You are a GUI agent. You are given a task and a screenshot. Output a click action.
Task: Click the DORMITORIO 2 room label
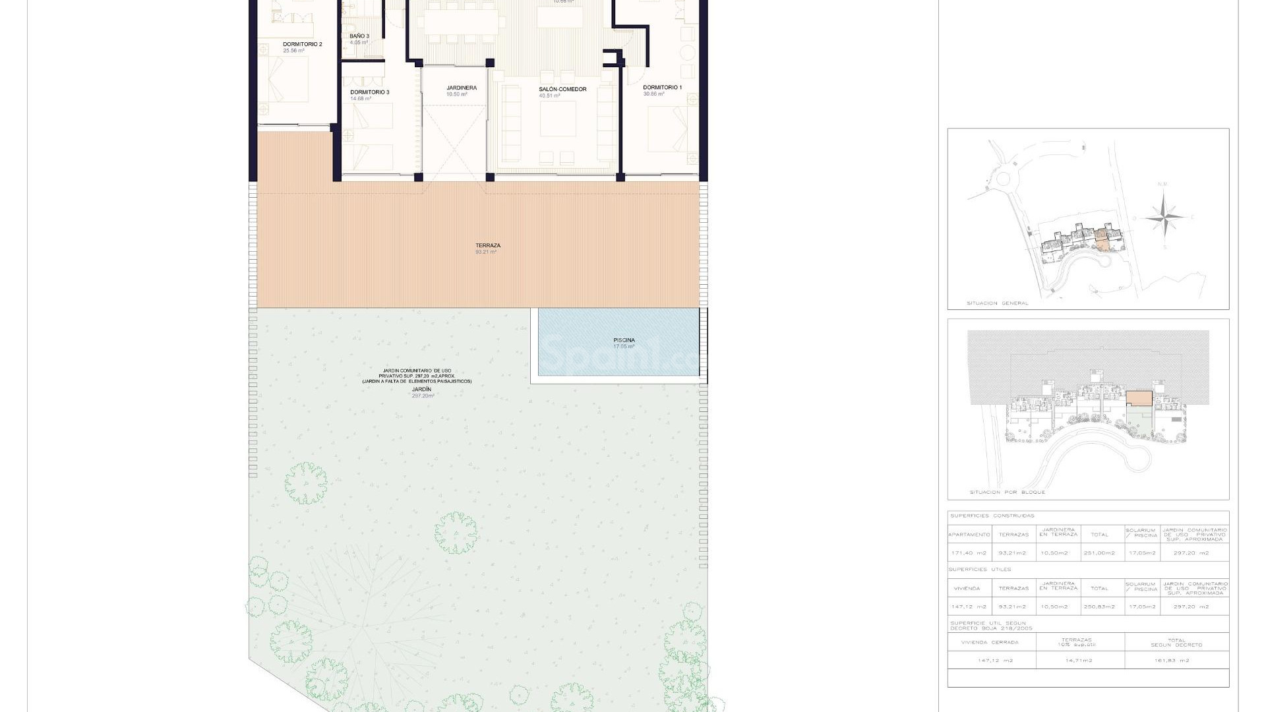tap(303, 45)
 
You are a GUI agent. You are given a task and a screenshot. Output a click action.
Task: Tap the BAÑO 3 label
tap(359, 36)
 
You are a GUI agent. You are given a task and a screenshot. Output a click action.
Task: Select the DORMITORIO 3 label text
tap(369, 92)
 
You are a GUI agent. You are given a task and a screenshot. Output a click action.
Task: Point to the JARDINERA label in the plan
tap(461, 88)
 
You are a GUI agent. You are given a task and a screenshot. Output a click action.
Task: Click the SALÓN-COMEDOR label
tap(562, 89)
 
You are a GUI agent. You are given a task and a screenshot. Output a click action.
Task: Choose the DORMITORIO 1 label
tap(662, 87)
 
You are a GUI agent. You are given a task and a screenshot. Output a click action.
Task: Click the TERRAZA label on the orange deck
tap(487, 246)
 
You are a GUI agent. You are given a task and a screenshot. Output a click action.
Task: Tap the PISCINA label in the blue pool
tap(624, 341)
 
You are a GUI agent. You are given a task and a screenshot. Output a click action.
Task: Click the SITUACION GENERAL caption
tap(997, 303)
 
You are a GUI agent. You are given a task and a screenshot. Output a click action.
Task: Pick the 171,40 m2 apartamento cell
tap(969, 553)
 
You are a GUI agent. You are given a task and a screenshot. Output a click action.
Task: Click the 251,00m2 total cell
tap(1099, 553)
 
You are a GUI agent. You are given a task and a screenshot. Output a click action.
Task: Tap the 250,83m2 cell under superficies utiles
tap(1099, 607)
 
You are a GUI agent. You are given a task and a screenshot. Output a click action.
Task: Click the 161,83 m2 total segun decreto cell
tap(1176, 660)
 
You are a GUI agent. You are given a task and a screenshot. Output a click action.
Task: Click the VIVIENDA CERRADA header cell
tap(990, 642)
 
